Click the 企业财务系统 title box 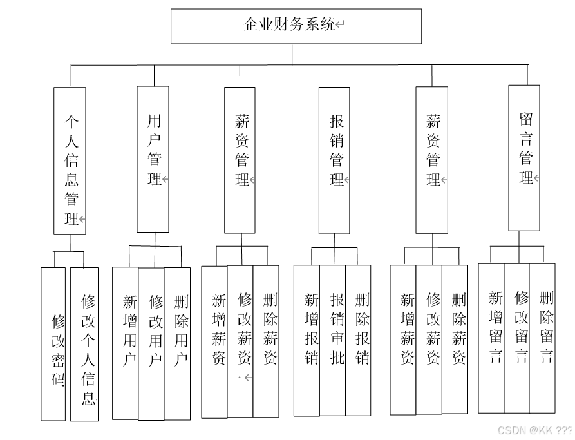pos(296,26)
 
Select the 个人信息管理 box pos(70,161)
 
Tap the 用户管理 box pos(153,158)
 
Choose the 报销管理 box pos(334,160)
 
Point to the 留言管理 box pos(524,158)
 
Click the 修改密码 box pos(54,344)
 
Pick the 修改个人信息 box pos(84,344)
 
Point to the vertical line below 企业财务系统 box pos(292,55)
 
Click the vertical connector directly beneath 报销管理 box pos(334,241)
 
